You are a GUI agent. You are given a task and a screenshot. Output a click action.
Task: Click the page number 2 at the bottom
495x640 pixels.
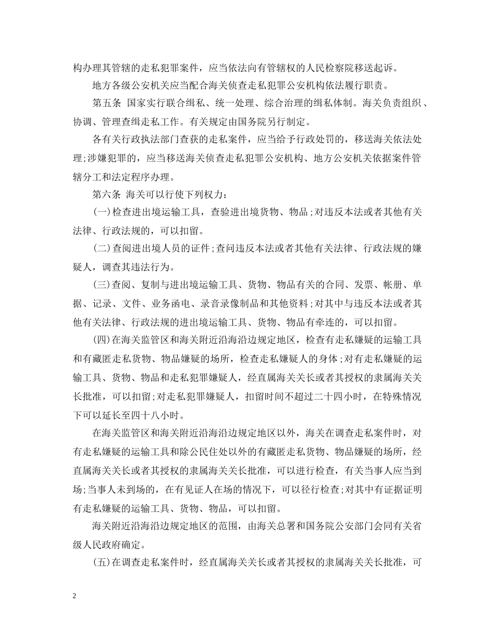pyautogui.click(x=75, y=596)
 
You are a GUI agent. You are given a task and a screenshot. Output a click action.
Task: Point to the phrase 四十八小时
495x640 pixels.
pyautogui.click(x=145, y=413)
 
